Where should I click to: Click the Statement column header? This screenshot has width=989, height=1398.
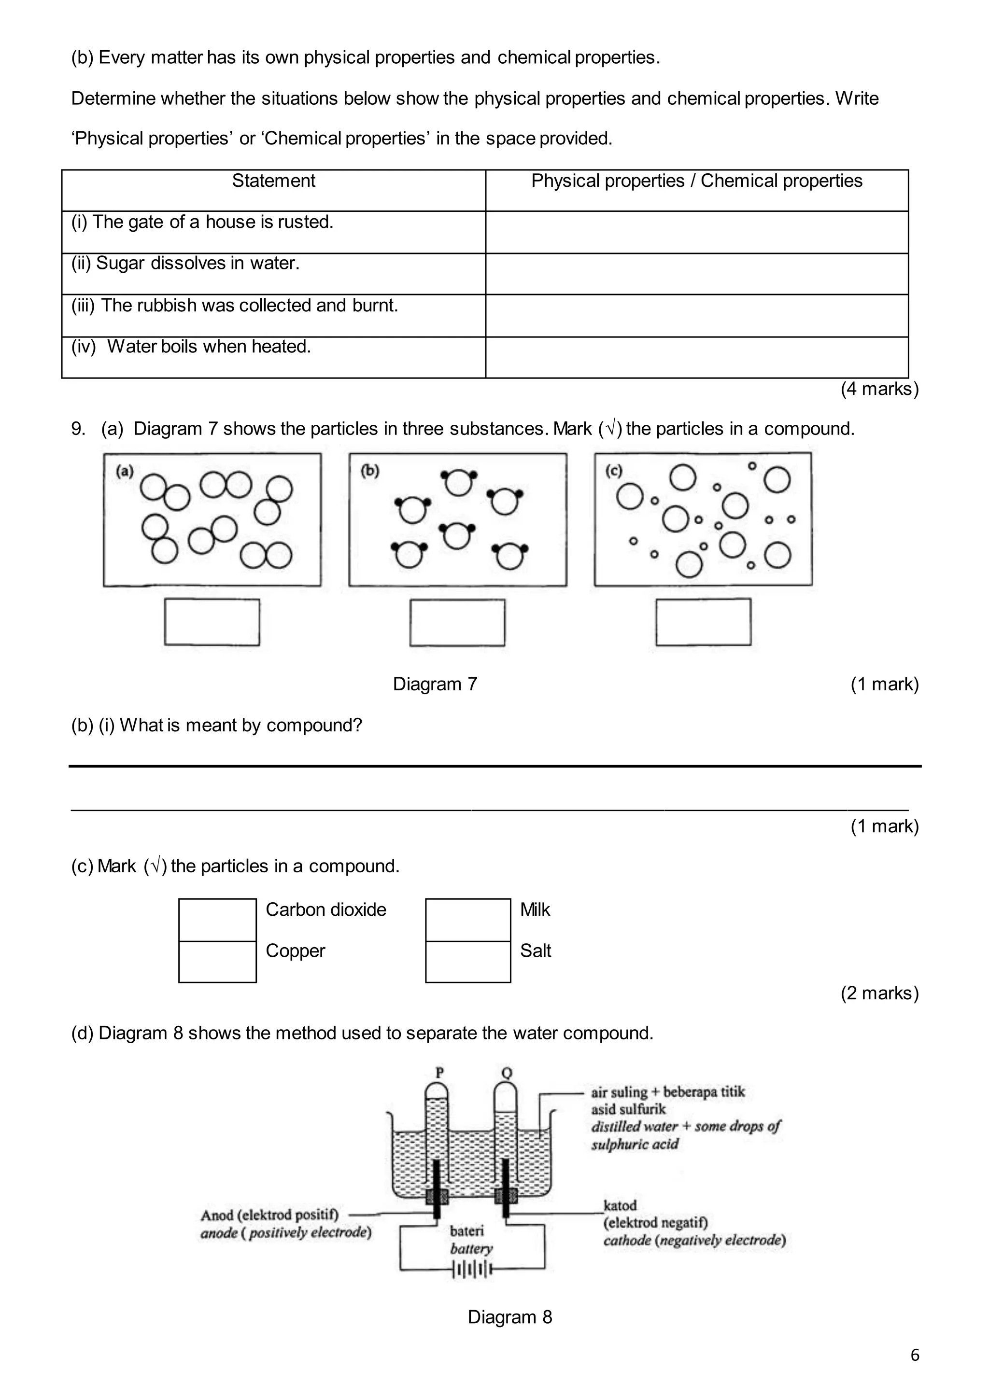coord(273,181)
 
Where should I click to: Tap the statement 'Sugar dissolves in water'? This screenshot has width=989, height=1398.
coord(198,263)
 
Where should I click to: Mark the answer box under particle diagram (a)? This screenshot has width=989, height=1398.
coord(212,622)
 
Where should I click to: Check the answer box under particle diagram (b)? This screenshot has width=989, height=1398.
coord(457,622)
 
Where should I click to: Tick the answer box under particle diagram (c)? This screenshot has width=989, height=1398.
coord(704,622)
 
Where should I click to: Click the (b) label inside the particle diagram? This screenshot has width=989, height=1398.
coord(369,470)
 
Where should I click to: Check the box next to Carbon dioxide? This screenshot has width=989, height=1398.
coord(217,920)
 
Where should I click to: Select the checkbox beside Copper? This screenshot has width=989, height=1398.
coord(217,962)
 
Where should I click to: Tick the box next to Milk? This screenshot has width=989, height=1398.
coord(468,920)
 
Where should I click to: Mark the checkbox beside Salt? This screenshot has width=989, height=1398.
coord(468,962)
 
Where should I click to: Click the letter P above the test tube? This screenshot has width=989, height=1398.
coord(440,1072)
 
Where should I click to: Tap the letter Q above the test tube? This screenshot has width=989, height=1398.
coord(506,1072)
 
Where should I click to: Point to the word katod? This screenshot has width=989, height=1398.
coord(620,1205)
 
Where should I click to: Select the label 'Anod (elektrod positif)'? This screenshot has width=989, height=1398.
coord(269,1215)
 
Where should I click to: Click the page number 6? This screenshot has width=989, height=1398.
coord(915,1355)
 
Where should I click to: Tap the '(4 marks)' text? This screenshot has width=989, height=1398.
coord(879,389)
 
